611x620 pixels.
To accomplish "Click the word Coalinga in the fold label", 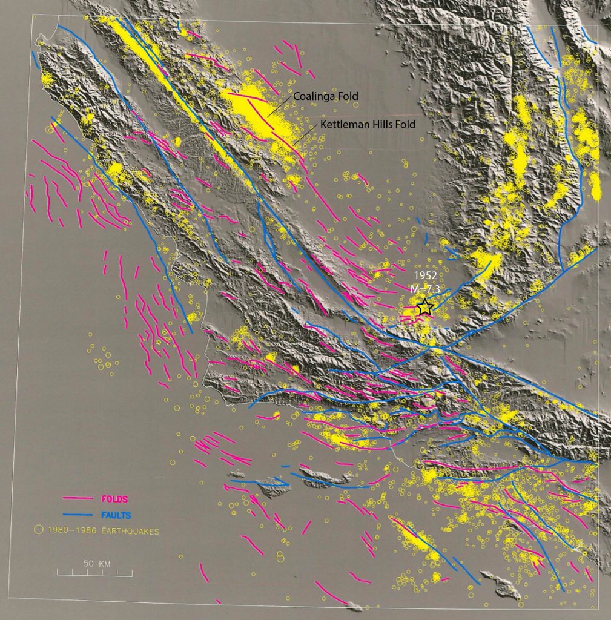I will tap(312, 96).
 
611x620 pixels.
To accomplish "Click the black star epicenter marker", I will tap(424, 308).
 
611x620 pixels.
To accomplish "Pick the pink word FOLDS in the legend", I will tap(115, 499).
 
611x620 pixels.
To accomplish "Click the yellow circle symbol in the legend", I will tap(38, 530).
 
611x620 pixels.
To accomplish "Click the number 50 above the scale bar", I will tap(88, 563).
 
